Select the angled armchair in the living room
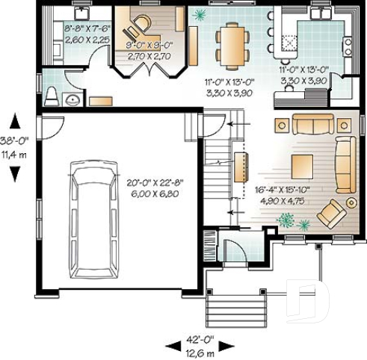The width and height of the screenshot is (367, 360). pos(330,212)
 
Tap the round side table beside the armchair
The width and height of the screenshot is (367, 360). pos(351,202)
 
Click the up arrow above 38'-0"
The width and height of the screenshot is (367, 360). pos(14,119)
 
